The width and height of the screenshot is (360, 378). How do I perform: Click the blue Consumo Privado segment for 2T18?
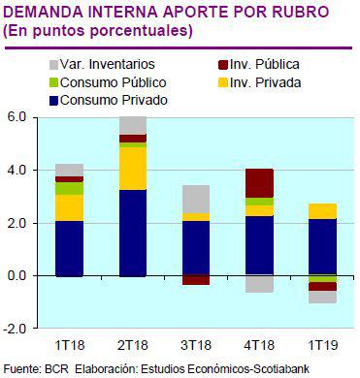tap(133, 233)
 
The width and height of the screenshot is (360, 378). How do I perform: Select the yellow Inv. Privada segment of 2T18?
tap(133, 168)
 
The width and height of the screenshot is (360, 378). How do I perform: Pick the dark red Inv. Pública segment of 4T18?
tap(259, 182)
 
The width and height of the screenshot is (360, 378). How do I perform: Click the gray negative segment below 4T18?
tap(259, 284)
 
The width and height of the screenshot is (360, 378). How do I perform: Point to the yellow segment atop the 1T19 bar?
tap(322, 211)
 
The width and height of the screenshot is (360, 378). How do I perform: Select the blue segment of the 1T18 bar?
tap(70, 248)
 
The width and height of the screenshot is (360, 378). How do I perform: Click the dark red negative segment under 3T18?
tap(196, 280)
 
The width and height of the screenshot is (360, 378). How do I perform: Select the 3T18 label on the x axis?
tap(196, 346)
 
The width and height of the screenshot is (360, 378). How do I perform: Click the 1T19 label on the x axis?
tap(322, 346)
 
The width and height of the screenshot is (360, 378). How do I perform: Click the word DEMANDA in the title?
tap(42, 12)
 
